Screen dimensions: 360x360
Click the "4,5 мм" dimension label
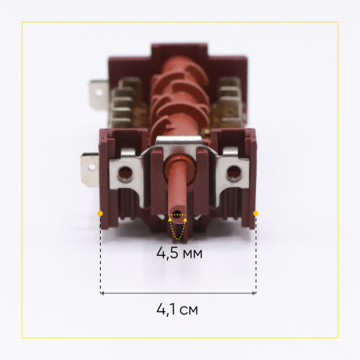point(179,253)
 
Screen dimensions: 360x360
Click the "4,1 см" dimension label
point(178,310)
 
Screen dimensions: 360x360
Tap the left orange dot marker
point(100,214)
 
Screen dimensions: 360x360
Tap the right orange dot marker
point(256,214)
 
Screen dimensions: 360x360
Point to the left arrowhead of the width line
point(102,293)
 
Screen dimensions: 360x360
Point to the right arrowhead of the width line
point(254,293)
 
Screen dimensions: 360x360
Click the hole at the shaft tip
point(177,214)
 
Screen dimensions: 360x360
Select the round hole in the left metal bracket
point(125,172)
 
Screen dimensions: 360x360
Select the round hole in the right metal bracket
point(234,171)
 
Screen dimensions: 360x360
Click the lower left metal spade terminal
point(90,168)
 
